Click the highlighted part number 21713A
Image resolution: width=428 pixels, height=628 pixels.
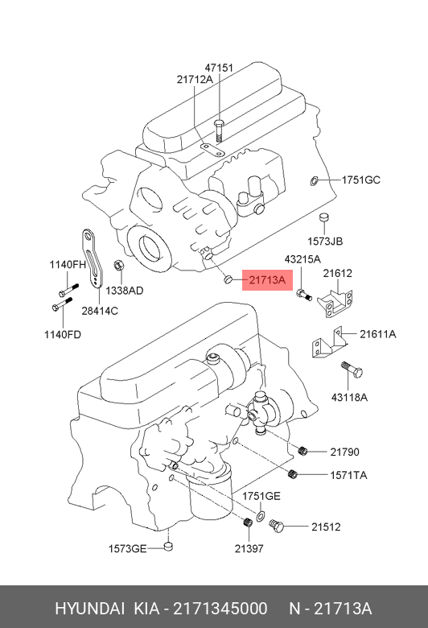point(267,280)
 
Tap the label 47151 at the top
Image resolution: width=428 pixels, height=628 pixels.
point(219,68)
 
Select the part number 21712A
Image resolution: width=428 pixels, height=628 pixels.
point(195,79)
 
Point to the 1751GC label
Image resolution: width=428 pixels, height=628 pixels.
point(360,180)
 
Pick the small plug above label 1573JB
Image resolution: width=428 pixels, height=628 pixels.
point(324,217)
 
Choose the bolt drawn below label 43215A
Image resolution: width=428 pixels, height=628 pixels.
point(304,295)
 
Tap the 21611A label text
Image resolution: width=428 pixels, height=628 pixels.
point(377,333)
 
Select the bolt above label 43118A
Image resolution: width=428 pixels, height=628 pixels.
point(352,370)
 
